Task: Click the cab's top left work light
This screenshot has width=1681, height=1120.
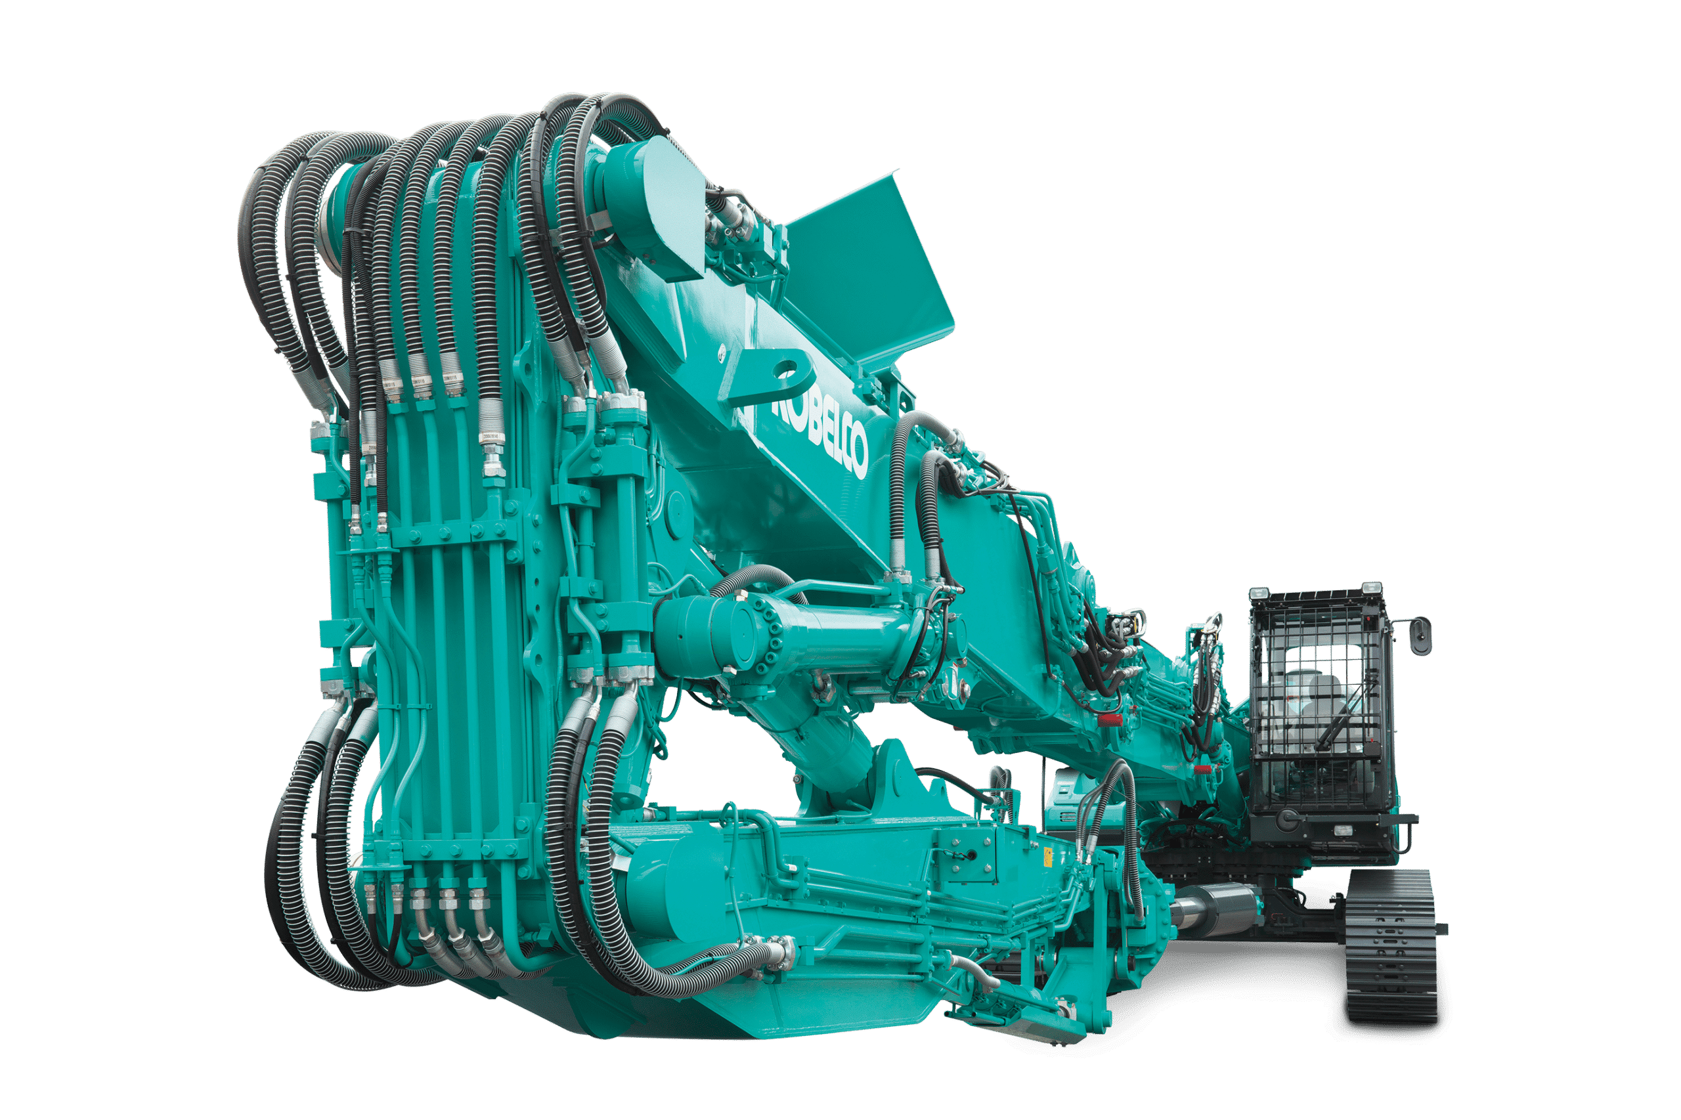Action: click(1258, 594)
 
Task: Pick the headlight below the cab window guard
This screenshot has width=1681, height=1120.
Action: click(1338, 830)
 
